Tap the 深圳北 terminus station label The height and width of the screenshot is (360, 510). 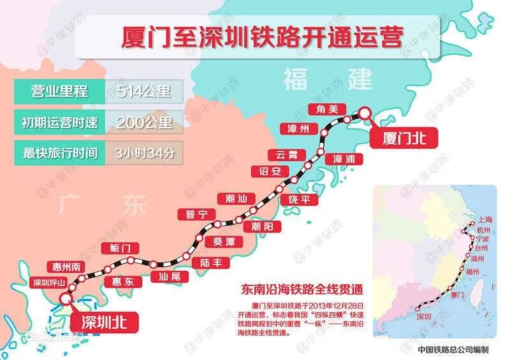102,322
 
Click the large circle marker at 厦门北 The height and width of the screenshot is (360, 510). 365,113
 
